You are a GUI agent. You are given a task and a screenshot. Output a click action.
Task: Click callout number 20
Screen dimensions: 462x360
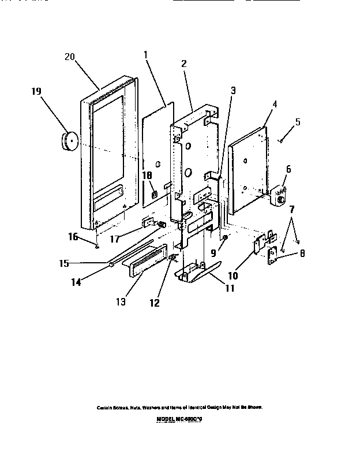click(69, 57)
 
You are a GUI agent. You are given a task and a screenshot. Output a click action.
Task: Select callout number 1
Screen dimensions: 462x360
click(146, 55)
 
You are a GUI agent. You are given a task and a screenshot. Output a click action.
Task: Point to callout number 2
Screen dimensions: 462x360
click(183, 64)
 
